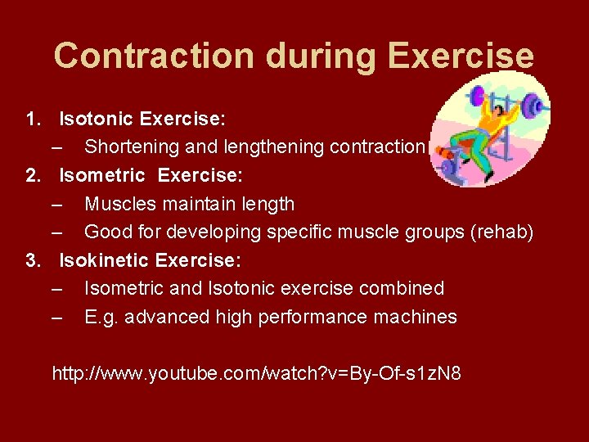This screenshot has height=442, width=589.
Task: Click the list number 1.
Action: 32,120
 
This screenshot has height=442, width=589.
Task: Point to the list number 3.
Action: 32,260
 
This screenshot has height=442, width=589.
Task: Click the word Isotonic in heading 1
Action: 97,120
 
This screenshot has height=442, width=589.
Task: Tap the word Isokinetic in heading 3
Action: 104,260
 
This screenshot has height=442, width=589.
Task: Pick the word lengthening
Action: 269,147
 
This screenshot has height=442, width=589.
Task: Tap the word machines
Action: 416,317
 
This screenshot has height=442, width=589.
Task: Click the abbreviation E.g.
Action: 102,317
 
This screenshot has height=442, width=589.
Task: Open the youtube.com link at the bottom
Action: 256,374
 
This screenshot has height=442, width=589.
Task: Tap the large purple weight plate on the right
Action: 533,106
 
